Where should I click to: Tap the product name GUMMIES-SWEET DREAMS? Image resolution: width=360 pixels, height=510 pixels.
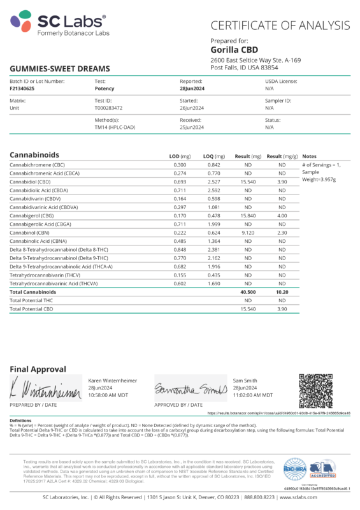click(59, 68)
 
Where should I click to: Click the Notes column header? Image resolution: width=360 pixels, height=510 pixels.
click(309, 156)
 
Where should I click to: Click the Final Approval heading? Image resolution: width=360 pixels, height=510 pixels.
click(38, 369)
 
